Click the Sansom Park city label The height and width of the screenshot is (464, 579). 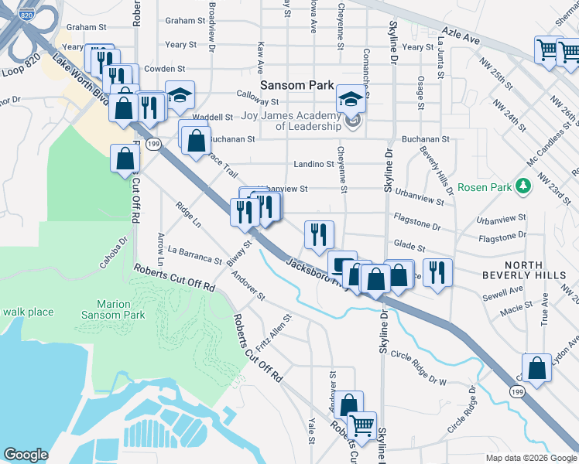[x=296, y=85]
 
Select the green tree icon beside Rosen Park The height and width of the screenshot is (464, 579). [x=524, y=186]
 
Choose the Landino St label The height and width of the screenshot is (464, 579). [x=313, y=164]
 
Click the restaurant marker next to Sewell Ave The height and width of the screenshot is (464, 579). [x=437, y=273]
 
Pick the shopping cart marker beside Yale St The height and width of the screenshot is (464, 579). [x=361, y=426]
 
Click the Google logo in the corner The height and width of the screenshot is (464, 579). [x=26, y=455]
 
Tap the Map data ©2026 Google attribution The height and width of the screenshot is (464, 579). [x=529, y=458]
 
